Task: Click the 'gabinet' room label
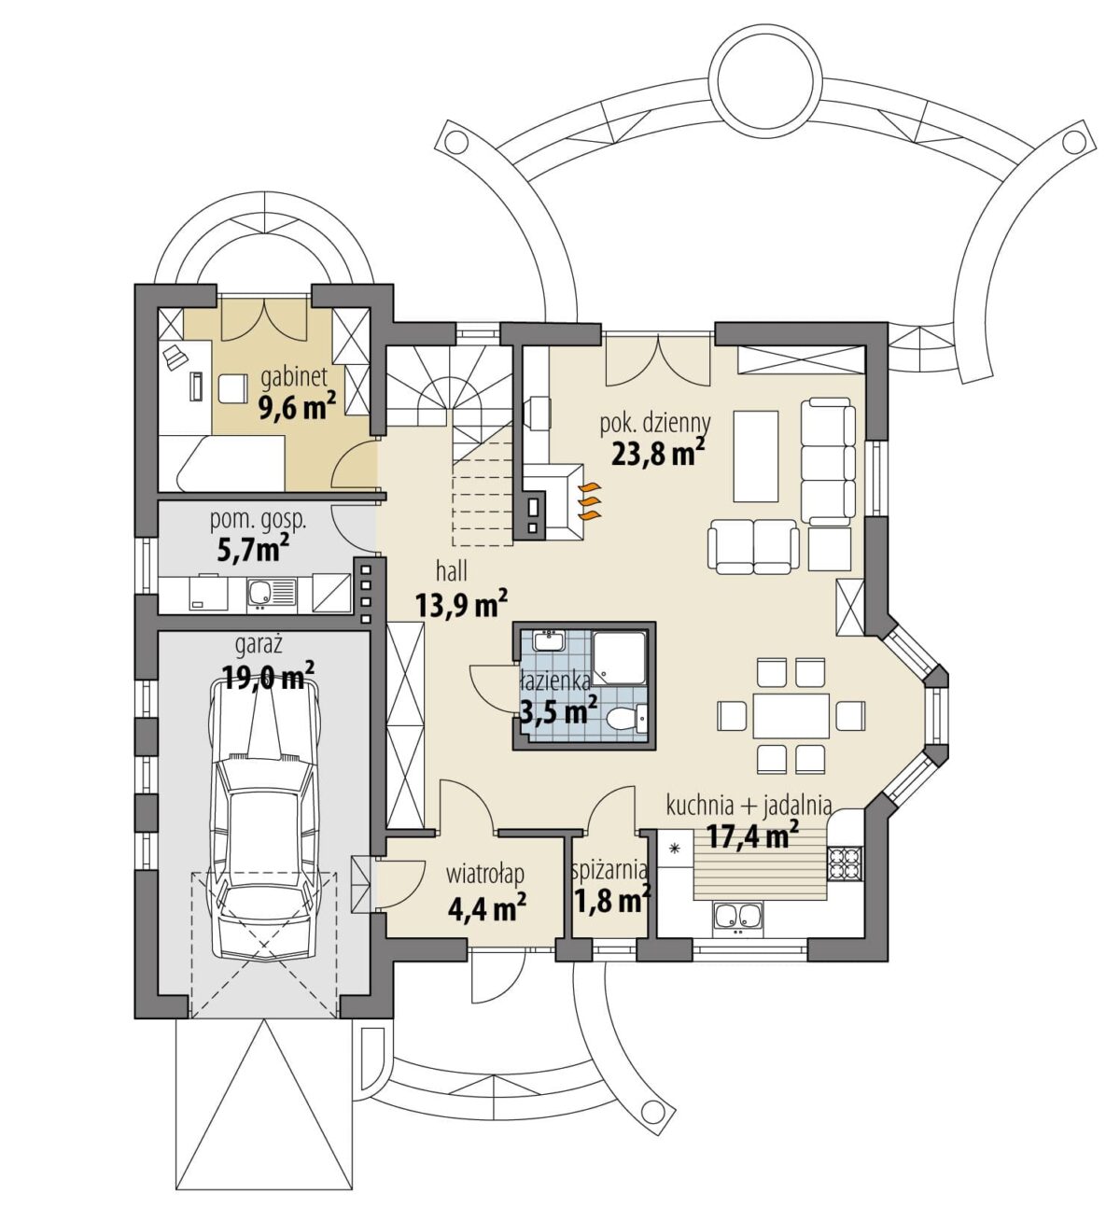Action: click(x=294, y=377)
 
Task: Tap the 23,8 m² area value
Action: click(x=659, y=453)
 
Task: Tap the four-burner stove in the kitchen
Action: click(x=846, y=863)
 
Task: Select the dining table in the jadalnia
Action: click(x=791, y=716)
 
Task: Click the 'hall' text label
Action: click(x=452, y=571)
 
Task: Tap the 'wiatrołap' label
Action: click(x=485, y=875)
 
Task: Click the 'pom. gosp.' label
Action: click(x=259, y=521)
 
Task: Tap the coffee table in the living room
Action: click(x=756, y=456)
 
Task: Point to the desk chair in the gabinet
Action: click(x=232, y=387)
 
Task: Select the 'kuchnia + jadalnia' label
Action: click(x=749, y=806)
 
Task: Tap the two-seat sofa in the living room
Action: click(x=753, y=547)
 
